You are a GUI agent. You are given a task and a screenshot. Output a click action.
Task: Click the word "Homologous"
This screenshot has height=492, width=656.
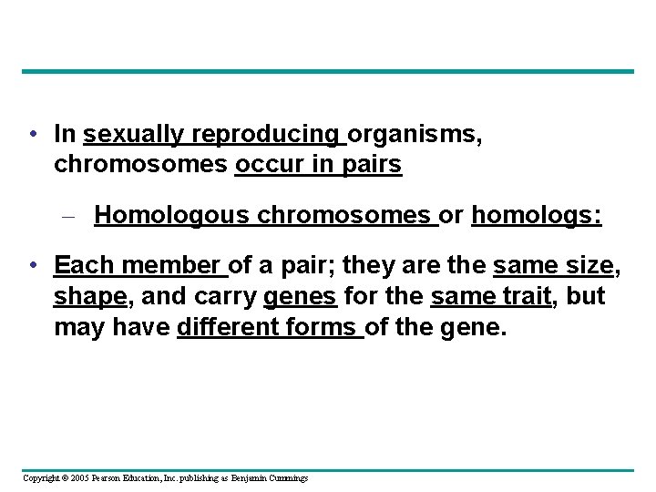[x=171, y=215]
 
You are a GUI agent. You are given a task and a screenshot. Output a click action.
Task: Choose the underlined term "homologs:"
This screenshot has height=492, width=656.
[x=536, y=215]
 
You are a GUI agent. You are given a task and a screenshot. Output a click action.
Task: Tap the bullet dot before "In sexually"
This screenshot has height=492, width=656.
[x=33, y=135]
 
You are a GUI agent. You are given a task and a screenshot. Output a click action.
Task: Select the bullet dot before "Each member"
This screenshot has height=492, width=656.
[x=33, y=266]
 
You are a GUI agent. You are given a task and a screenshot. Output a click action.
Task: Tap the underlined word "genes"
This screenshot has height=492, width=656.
[x=301, y=297]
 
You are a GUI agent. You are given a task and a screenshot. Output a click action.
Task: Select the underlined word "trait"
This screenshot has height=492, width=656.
[x=525, y=297]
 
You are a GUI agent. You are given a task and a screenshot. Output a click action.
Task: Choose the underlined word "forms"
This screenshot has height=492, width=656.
[x=326, y=327]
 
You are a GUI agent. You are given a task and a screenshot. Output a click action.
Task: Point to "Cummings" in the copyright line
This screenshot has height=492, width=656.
[x=289, y=478]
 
